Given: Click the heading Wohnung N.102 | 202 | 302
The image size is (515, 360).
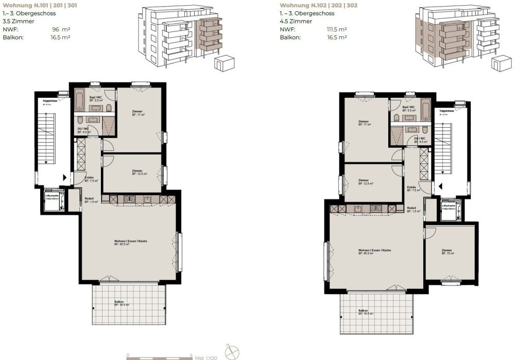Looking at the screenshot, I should click(x=319, y=5).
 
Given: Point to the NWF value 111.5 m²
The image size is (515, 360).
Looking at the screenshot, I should click(x=337, y=29).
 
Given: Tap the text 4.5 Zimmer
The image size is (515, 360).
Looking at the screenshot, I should click(x=296, y=21).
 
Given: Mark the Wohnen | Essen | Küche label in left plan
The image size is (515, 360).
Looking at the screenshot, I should click(x=131, y=242).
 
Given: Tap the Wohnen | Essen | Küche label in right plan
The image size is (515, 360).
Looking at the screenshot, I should click(x=375, y=251).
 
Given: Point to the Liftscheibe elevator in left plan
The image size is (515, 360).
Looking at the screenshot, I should click(x=52, y=202).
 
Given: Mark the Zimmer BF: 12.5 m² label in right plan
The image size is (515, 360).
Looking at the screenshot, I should click(x=366, y=182).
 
